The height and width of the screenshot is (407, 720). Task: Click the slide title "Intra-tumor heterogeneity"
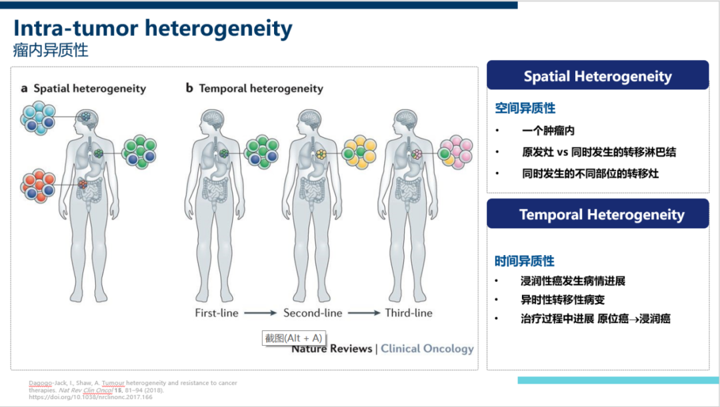(x=153, y=29)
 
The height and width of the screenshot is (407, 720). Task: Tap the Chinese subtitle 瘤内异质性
(x=51, y=50)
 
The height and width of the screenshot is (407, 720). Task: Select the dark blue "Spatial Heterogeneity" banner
(x=597, y=76)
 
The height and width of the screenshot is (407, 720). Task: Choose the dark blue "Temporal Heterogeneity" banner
(x=601, y=214)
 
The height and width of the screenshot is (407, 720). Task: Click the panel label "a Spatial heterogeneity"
(x=83, y=88)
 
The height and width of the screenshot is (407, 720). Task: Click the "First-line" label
(x=217, y=312)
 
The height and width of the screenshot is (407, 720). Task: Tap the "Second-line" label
(x=313, y=312)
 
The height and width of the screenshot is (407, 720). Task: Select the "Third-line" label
(x=409, y=312)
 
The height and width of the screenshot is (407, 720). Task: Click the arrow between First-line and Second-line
(x=260, y=313)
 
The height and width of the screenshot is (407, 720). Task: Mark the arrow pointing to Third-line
(x=363, y=313)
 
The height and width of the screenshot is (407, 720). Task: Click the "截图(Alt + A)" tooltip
(x=293, y=338)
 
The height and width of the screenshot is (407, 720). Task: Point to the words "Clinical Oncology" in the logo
(x=427, y=348)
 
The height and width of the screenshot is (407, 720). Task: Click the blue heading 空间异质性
(x=525, y=108)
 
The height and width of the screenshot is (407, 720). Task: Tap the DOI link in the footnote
(x=91, y=397)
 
